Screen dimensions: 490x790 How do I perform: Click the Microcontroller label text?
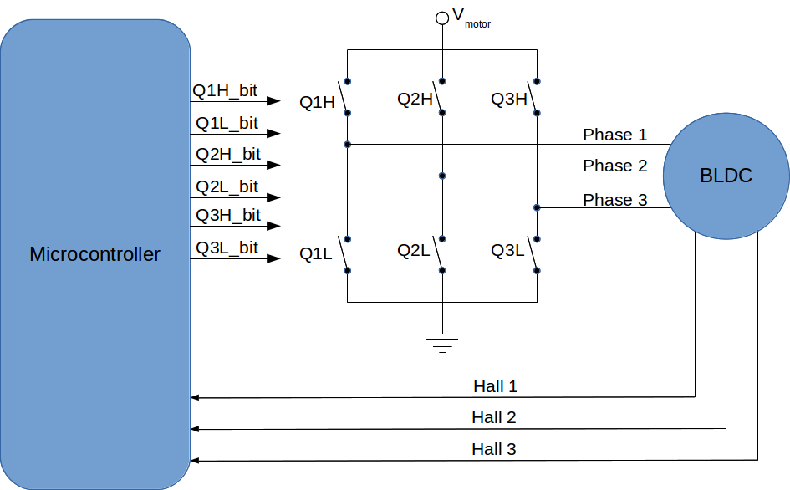pos(94,254)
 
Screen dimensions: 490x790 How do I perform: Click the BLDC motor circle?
pos(726,176)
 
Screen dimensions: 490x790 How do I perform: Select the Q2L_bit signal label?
pos(227,186)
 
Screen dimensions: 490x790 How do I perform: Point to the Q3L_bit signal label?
pos(227,248)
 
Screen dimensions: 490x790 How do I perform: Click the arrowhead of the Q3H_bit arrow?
pos(274,226)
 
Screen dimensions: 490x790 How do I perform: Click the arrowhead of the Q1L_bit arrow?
pos(274,133)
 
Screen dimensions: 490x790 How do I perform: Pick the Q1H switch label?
pos(317,104)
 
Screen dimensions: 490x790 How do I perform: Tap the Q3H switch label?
pos(509,100)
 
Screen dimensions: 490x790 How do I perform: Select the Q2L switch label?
pos(414,250)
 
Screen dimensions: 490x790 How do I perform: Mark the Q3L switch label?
pos(507,250)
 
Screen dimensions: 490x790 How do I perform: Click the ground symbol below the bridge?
pos(441,341)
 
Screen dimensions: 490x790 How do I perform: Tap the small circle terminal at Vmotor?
pos(442,18)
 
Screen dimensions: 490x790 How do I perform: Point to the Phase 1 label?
pos(614,135)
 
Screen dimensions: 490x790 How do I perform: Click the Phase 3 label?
pos(614,200)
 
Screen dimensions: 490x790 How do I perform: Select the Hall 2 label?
pos(493,417)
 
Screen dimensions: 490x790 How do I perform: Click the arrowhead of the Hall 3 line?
pos(196,460)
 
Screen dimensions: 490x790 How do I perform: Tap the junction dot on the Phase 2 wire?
pos(442,176)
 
